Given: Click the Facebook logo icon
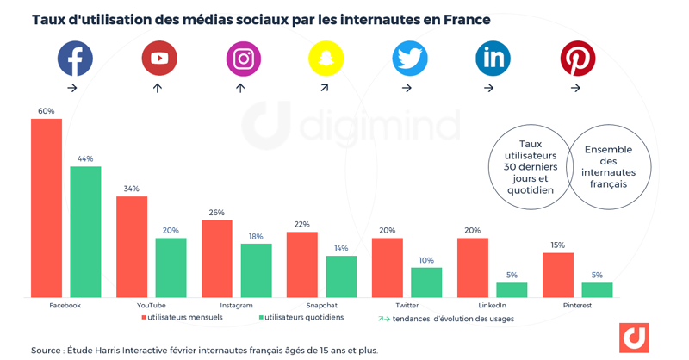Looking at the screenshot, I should (x=75, y=58).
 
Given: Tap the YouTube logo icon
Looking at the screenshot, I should (x=159, y=58).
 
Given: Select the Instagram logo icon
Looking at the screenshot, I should (x=243, y=58).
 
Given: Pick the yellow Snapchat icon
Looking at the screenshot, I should (x=326, y=58).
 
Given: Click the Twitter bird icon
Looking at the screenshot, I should (x=410, y=58).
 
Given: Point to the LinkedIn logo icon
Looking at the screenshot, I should (x=493, y=58).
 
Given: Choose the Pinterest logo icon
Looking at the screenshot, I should (x=578, y=58).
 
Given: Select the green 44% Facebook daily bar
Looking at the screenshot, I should (x=85, y=233).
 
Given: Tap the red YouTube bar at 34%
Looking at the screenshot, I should (x=132, y=247).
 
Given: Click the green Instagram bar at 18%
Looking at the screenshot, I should (x=256, y=270).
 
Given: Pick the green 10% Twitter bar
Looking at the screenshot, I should (x=426, y=282).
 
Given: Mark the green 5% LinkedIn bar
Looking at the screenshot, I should (x=512, y=290).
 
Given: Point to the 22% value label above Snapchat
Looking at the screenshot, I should (x=301, y=225).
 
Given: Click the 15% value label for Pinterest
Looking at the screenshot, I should (x=558, y=245).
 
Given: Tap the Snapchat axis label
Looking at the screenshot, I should (x=321, y=305).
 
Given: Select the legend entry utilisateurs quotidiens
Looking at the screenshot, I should (x=303, y=318).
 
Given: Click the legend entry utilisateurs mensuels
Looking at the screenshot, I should (x=184, y=318).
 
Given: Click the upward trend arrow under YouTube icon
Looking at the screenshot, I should (x=158, y=88).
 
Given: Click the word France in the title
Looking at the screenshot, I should (x=467, y=20).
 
